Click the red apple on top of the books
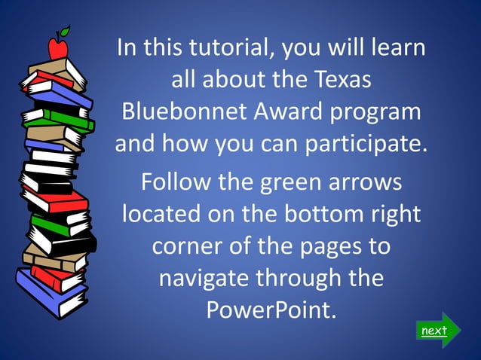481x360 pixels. click(57, 50)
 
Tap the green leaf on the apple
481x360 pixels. click(65, 32)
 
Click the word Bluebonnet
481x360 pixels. click(174, 111)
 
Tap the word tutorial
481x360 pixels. click(230, 48)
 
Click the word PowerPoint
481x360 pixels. click(271, 310)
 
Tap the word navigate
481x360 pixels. click(204, 278)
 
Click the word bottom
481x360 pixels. click(320, 214)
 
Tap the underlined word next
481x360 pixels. click(434, 331)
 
